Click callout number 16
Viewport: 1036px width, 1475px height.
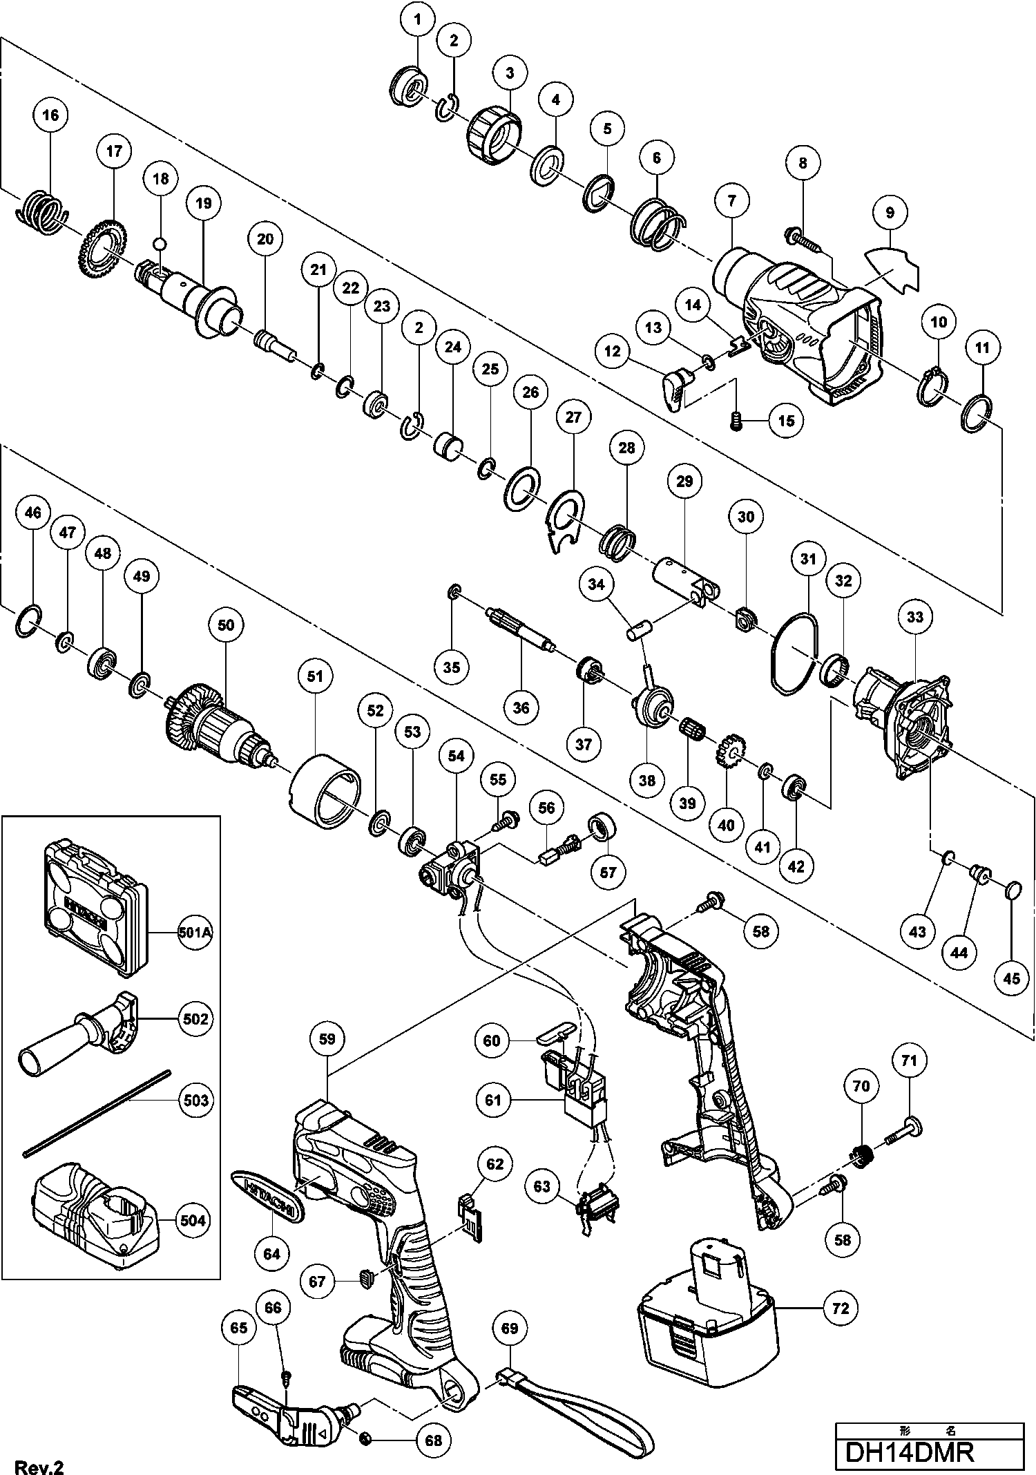(51, 115)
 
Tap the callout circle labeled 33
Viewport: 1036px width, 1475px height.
(915, 616)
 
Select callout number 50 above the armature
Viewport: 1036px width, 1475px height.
(226, 626)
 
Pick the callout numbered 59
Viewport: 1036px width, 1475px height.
(327, 1038)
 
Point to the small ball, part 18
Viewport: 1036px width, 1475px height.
(161, 243)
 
